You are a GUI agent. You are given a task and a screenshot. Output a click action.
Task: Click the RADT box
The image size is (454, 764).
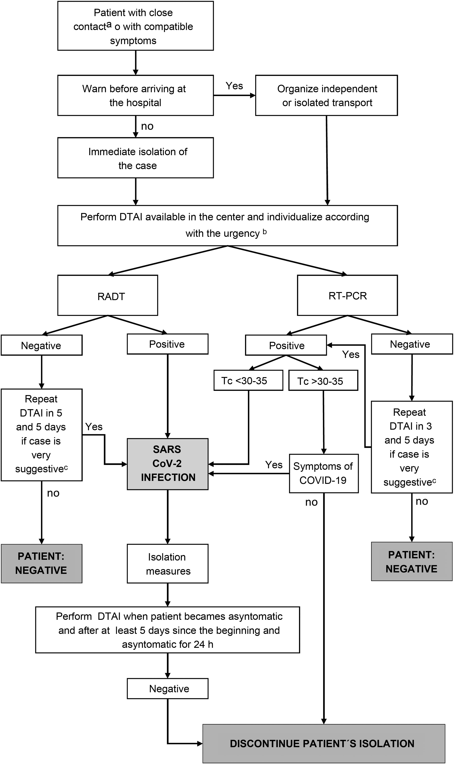click(x=108, y=295)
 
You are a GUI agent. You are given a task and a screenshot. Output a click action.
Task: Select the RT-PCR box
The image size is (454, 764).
click(x=347, y=295)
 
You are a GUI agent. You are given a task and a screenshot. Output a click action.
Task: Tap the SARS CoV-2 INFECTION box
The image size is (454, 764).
click(x=168, y=464)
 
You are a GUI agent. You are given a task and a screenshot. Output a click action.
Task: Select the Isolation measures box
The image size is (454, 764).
click(x=168, y=564)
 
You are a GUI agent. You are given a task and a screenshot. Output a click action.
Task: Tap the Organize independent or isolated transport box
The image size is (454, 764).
click(x=326, y=95)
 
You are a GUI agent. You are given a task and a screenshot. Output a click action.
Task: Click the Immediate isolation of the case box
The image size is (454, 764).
click(x=136, y=158)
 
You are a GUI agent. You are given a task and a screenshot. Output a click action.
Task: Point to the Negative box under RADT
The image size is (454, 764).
click(x=42, y=345)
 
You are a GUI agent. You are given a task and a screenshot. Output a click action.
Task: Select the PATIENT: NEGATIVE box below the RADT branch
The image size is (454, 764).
click(x=42, y=563)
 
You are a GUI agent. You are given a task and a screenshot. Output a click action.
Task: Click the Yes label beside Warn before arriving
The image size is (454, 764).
click(x=234, y=86)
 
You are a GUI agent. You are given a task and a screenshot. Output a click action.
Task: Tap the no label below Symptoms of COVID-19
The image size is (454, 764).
click(x=312, y=502)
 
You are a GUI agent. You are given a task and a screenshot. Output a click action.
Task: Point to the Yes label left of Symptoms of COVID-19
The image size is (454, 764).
click(x=274, y=465)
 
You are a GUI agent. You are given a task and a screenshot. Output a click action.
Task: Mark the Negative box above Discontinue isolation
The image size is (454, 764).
click(x=168, y=689)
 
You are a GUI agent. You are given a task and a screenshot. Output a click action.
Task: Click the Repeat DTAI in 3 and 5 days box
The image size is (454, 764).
click(x=412, y=447)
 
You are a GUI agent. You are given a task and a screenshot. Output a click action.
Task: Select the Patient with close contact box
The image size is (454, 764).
click(x=136, y=26)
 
